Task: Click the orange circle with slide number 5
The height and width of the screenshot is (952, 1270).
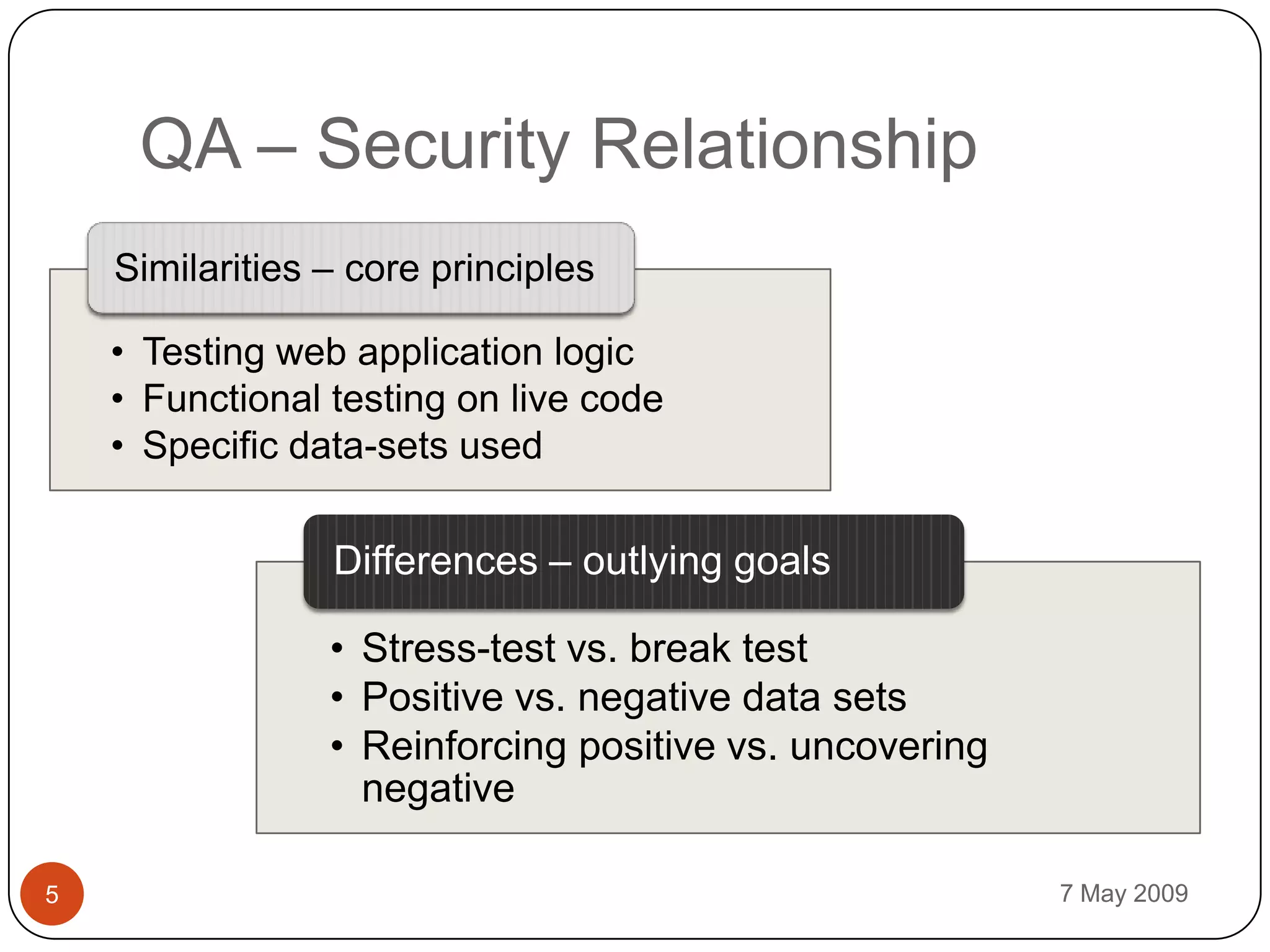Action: (52, 894)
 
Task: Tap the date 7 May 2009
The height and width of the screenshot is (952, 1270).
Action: (1124, 894)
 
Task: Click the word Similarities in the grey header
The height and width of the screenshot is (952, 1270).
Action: (207, 268)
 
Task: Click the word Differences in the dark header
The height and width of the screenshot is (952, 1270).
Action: (435, 561)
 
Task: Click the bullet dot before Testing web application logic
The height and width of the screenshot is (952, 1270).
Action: (118, 352)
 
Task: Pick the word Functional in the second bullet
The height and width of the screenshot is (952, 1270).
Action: (231, 399)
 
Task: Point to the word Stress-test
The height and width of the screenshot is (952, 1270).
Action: (458, 648)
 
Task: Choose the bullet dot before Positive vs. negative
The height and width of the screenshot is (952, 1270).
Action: (337, 697)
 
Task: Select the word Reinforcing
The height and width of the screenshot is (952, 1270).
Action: (464, 746)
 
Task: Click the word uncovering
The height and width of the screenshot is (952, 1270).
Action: (888, 746)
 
